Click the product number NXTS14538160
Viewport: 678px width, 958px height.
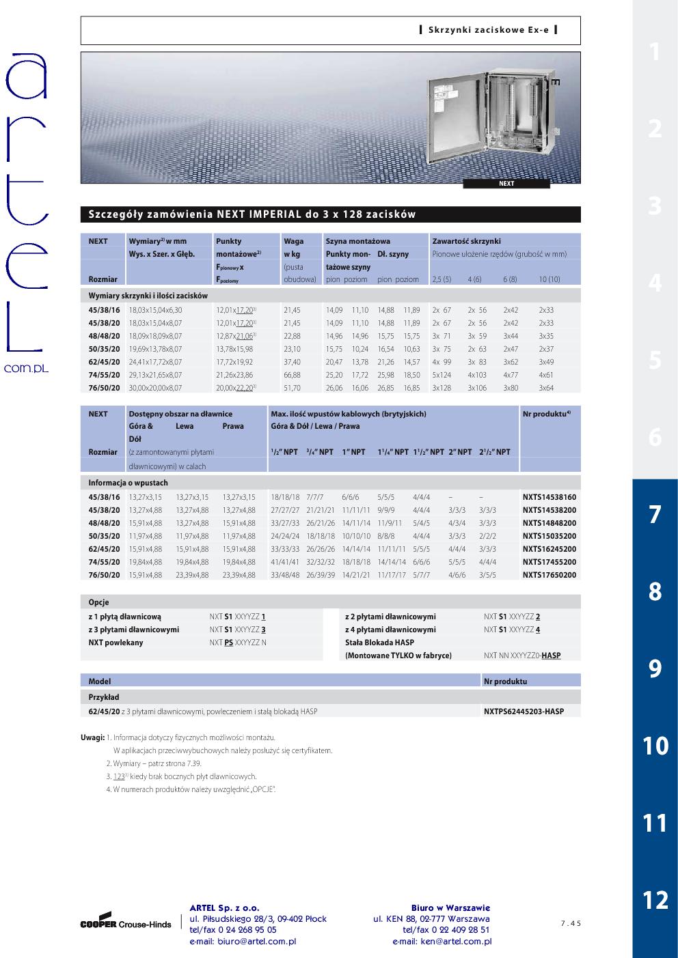549,497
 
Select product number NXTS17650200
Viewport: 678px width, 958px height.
549,575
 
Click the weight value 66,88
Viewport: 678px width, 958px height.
292,375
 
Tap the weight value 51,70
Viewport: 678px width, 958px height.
292,388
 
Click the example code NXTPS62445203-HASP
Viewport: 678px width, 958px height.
524,712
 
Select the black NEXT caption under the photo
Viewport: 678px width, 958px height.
506,184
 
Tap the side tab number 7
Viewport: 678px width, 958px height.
655,514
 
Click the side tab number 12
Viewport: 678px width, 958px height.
655,900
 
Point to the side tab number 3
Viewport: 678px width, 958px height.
655,206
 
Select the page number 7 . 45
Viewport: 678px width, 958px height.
570,924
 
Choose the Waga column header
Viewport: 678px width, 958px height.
294,241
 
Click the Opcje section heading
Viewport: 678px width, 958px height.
98,602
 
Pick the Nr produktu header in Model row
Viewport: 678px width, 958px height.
505,681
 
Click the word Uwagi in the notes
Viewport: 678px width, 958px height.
92,737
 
